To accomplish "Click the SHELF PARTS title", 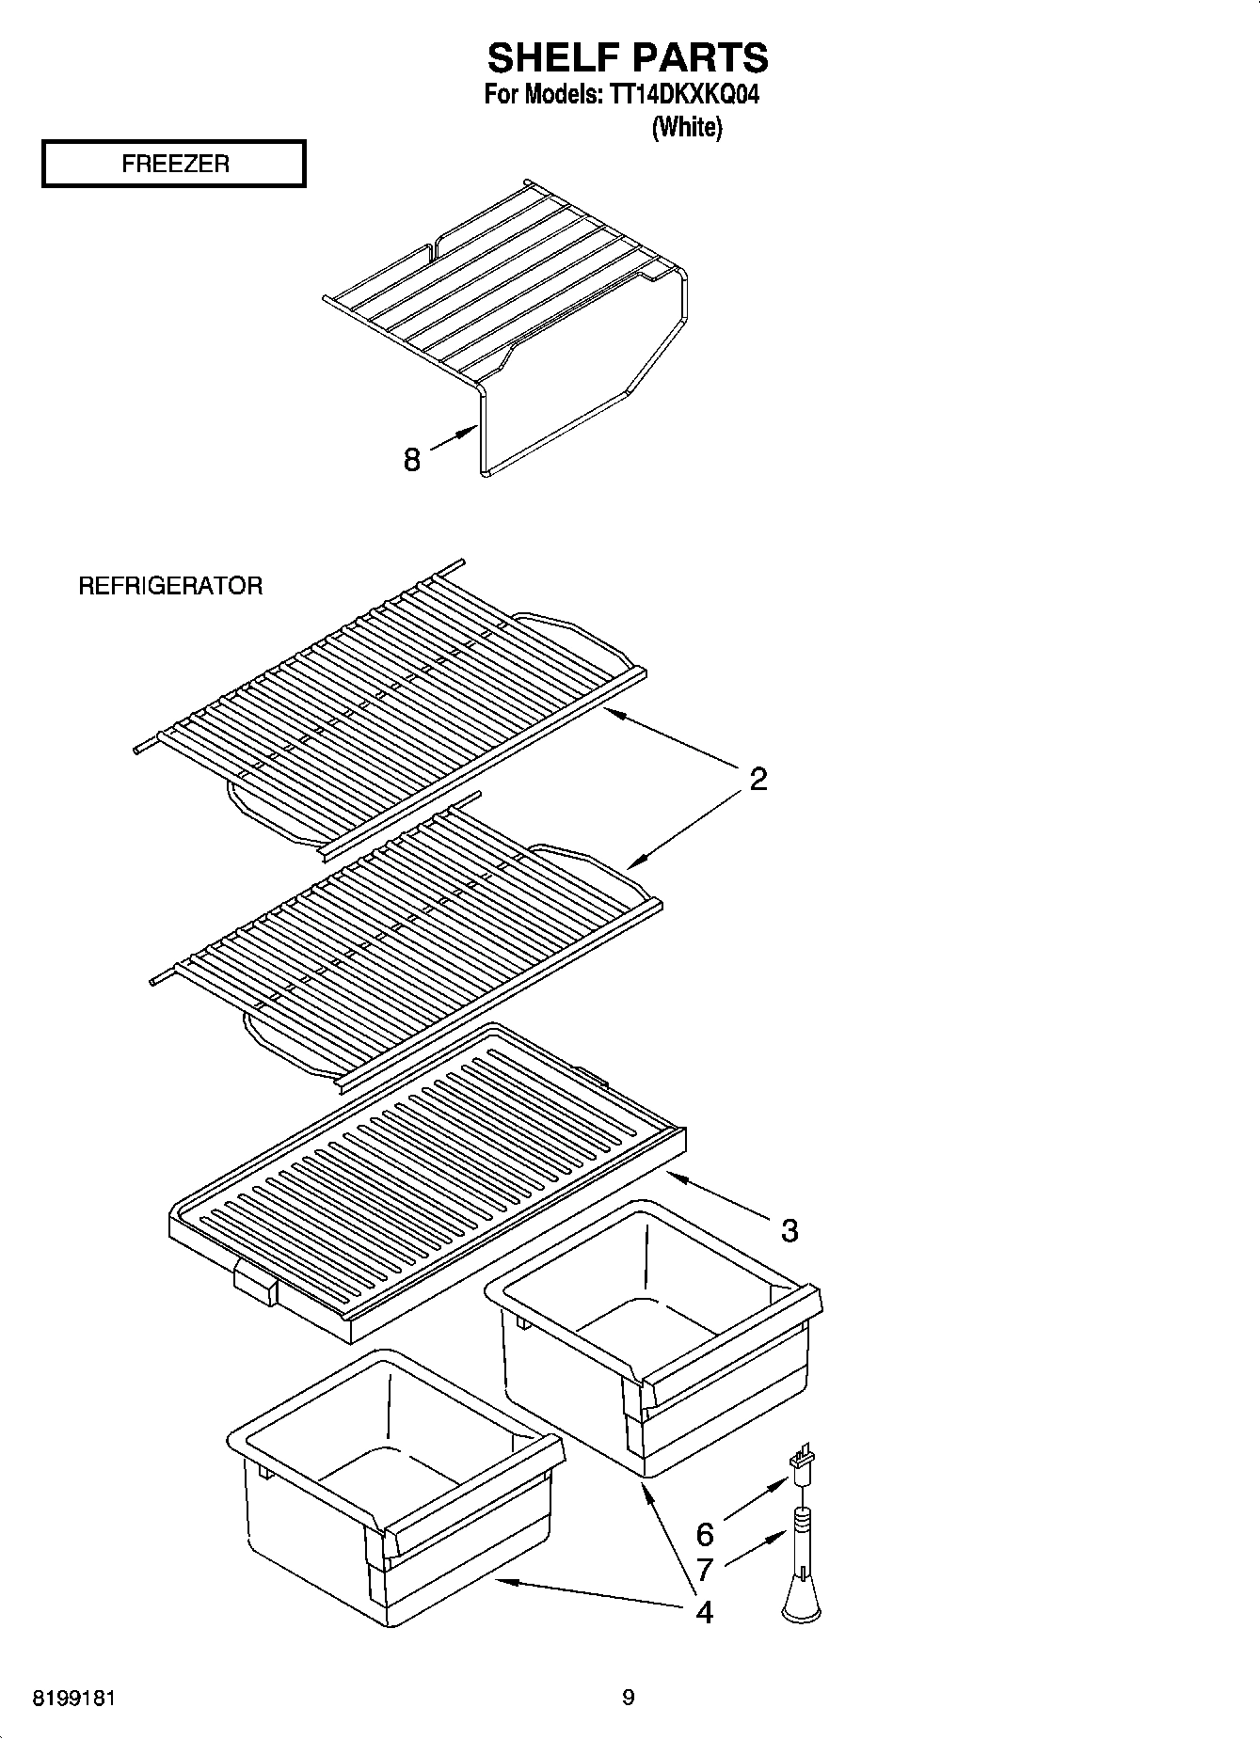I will click(x=628, y=58).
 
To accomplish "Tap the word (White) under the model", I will click(x=687, y=127).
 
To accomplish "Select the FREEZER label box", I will click(x=174, y=164).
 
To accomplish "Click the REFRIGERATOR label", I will click(x=169, y=586).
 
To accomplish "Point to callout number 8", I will click(x=411, y=460).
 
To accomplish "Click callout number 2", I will click(x=758, y=779).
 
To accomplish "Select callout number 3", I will click(x=789, y=1229).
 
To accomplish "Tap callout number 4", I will click(x=704, y=1612).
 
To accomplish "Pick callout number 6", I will click(x=704, y=1535).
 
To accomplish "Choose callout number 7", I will click(x=704, y=1569).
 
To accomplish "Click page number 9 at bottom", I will click(x=628, y=1698).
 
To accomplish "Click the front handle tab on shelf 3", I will click(x=254, y=1285).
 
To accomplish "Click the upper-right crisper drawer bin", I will click(x=649, y=1336).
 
